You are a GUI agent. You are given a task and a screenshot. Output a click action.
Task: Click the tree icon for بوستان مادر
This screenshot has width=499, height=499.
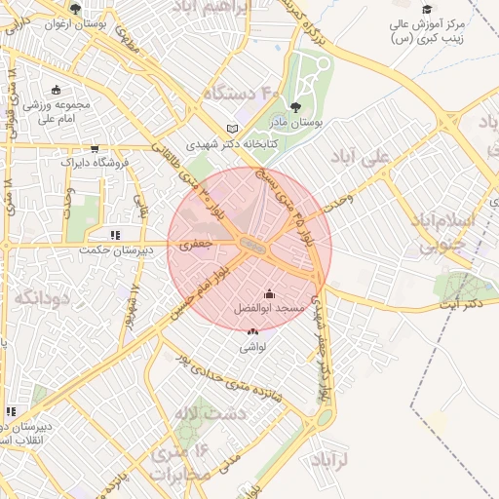[x=296, y=108]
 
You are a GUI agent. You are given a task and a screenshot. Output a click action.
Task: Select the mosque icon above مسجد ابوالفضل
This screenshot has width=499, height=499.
[x=270, y=292]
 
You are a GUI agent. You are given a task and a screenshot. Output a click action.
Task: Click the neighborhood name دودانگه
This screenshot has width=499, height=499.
[x=33, y=296]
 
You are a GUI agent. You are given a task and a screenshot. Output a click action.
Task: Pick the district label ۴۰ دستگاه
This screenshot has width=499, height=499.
[x=241, y=94]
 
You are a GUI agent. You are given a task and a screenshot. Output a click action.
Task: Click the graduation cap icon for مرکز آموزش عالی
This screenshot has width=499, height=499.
[x=426, y=8]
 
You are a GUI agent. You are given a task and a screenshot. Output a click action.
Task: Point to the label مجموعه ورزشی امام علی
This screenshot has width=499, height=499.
[x=57, y=111]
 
